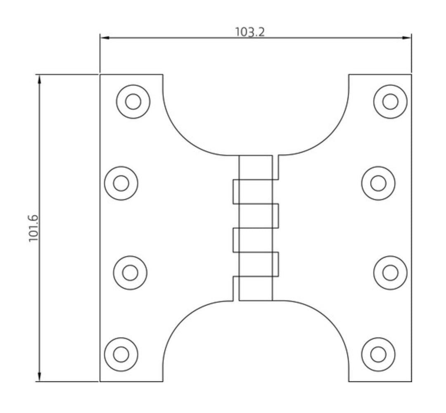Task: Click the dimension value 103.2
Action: coord(250,32)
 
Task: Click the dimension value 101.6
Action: coord(33,228)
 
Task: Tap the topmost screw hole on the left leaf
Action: coord(133,102)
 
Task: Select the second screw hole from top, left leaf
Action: coord(121,183)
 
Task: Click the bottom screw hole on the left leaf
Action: coord(121,354)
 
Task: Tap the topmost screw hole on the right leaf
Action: coord(390,102)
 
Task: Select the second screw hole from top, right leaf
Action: coord(378,183)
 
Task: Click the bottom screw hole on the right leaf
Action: coord(378,354)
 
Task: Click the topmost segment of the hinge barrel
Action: coord(256,168)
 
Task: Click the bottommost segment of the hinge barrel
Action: coord(256,288)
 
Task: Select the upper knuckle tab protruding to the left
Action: coord(236,192)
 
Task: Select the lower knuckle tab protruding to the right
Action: coord(275,264)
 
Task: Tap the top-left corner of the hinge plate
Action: coord(100,75)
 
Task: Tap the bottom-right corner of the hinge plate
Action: coord(411,381)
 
